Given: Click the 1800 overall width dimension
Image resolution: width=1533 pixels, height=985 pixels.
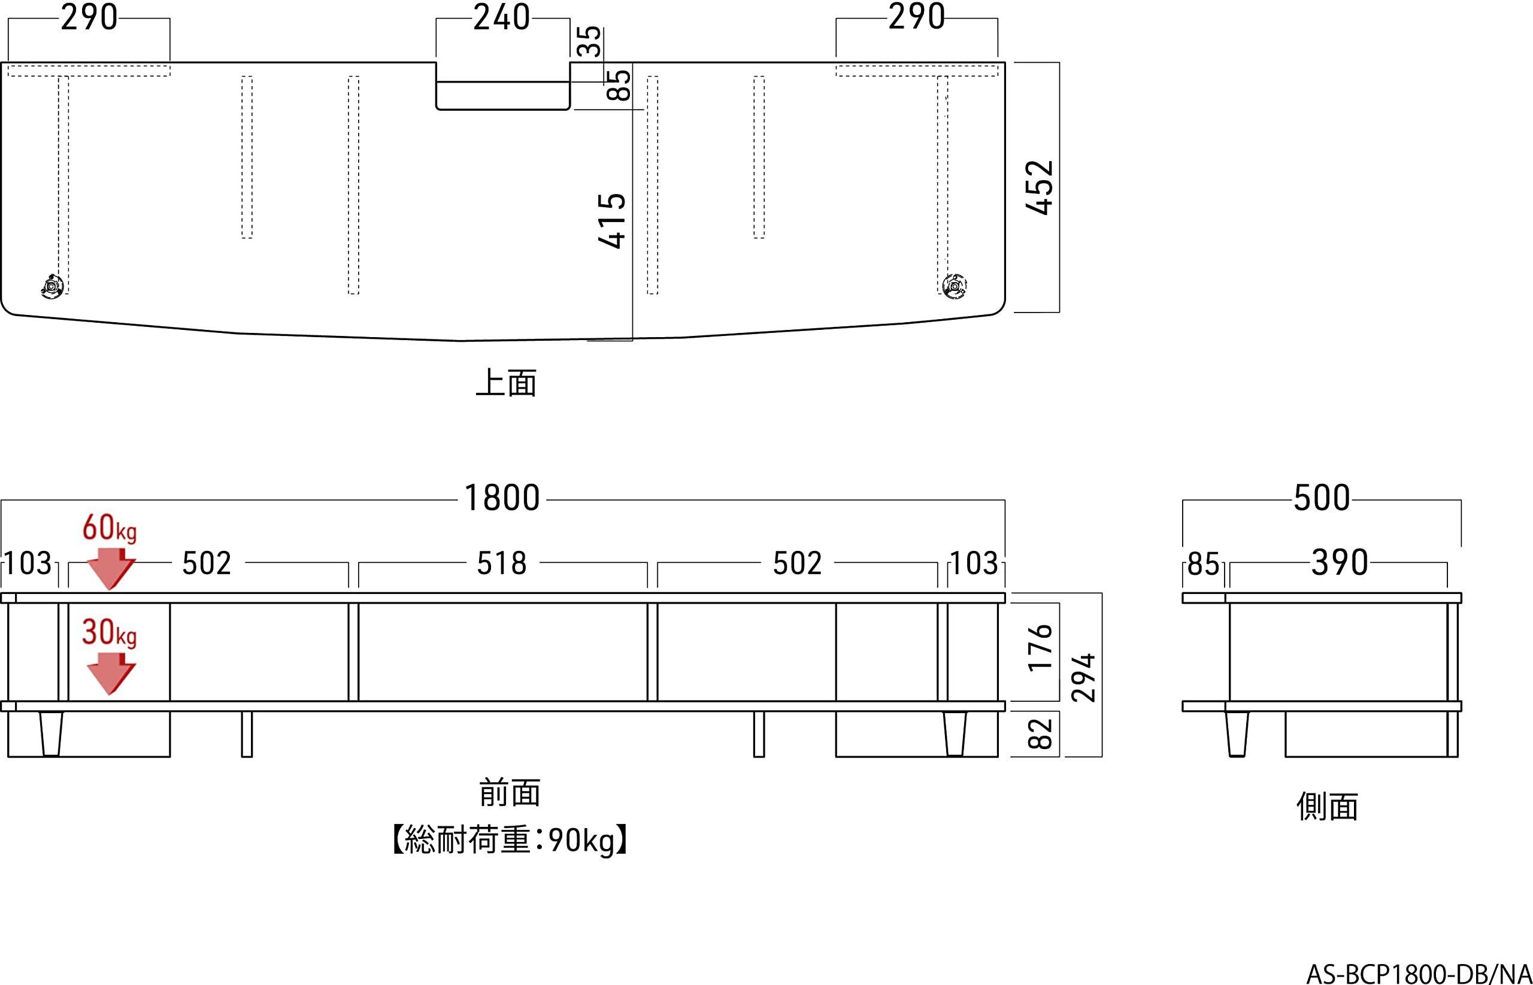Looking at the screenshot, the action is pos(502,498).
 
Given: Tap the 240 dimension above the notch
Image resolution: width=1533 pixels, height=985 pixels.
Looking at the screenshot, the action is pos(502,17).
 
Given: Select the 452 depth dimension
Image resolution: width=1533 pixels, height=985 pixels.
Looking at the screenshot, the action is pos(1040,187).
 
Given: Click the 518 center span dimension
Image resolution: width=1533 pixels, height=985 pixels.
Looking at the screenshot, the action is pos(502,563).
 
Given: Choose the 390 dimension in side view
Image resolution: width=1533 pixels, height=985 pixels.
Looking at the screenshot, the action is pos(1339,563).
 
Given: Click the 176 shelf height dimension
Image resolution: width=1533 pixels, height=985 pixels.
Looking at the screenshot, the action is pos(1041,647).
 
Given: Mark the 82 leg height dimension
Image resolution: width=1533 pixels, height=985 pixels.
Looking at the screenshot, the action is pos(1041,734).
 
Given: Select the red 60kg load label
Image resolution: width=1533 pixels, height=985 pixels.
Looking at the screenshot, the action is pos(110,529).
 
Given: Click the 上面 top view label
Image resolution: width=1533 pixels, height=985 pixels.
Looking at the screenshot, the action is pos(506,383).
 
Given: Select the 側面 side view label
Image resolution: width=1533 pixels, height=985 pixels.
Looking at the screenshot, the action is pos(1327,807).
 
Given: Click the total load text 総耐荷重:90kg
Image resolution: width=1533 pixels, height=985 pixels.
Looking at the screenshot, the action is pos(510,841).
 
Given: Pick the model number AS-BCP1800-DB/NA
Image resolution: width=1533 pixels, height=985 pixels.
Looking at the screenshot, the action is pos(1419,974).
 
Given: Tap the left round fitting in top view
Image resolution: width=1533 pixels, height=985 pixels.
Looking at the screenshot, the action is pos(51,285).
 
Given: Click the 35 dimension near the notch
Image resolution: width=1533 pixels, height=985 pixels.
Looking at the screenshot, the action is pos(590,41).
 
